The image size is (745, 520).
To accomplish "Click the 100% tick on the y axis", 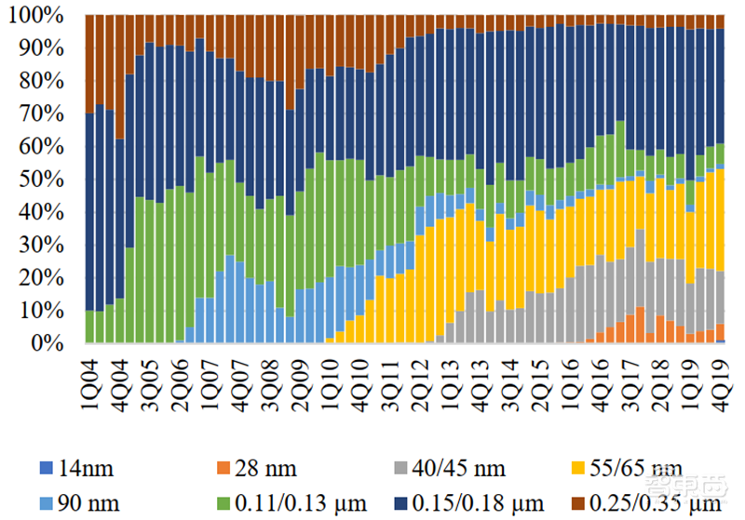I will point(36,16).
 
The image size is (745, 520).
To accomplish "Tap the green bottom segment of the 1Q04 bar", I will point(89,327).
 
